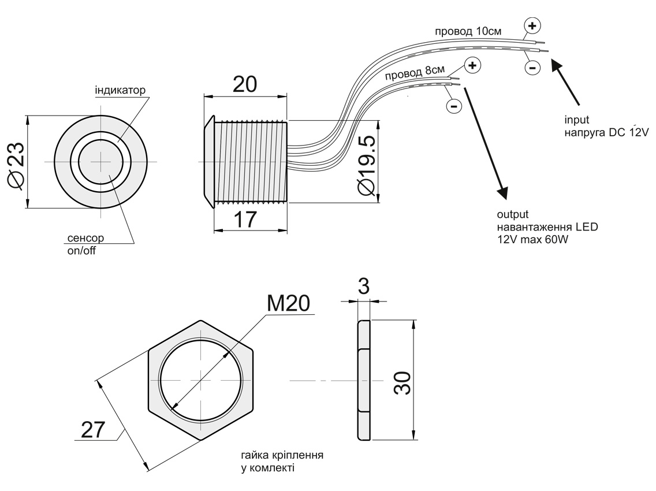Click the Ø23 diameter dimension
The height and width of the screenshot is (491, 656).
pyautogui.click(x=16, y=162)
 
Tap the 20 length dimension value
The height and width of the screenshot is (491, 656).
pyautogui.click(x=245, y=85)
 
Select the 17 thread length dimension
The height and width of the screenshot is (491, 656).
pyautogui.click(x=245, y=220)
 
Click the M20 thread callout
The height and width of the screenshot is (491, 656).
pyautogui.click(x=289, y=303)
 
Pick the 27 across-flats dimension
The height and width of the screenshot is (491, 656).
pyautogui.click(x=93, y=429)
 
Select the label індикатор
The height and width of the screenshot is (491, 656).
pyautogui.click(x=120, y=91)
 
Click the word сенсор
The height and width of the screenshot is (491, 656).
pyautogui.click(x=85, y=238)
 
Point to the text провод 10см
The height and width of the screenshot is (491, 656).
pyautogui.click(x=468, y=31)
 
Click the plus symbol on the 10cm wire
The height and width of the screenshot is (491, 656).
pyautogui.click(x=532, y=25)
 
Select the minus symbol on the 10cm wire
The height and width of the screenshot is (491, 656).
pyautogui.click(x=532, y=68)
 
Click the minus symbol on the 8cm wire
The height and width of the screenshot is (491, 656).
pyautogui.click(x=454, y=106)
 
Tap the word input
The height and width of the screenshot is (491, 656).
pyautogui.click(x=576, y=120)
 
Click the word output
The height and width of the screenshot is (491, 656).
pyautogui.click(x=513, y=215)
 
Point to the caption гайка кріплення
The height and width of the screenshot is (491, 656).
pyautogui.click(x=282, y=455)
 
